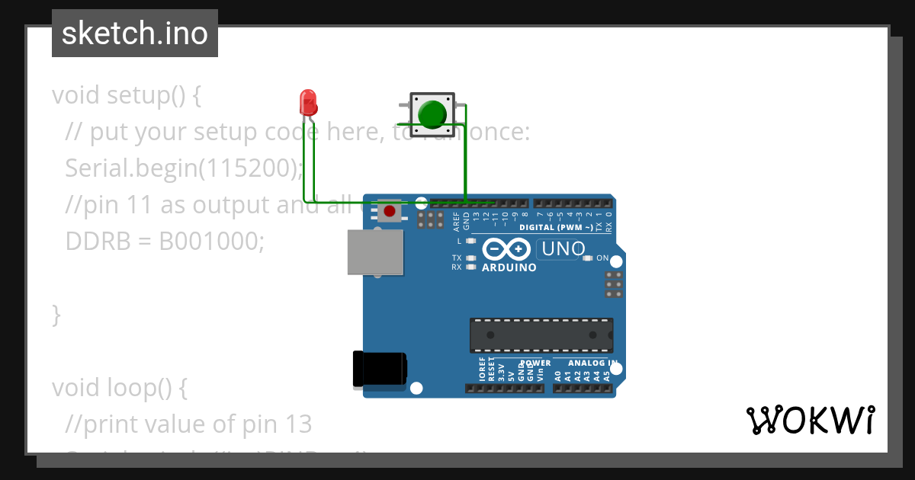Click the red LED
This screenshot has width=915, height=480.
pyautogui.click(x=308, y=102)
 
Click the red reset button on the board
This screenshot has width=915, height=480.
pyautogui.click(x=390, y=210)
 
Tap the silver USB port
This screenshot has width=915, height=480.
pyautogui.click(x=375, y=252)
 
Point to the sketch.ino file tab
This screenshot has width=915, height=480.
pyautogui.click(x=135, y=34)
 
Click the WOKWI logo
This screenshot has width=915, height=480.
pyautogui.click(x=810, y=420)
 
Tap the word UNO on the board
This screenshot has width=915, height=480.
pyautogui.click(x=562, y=249)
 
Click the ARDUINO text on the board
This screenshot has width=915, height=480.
pyautogui.click(x=509, y=267)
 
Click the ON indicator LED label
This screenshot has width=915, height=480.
pyautogui.click(x=602, y=258)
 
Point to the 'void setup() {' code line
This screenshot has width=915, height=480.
pyautogui.click(x=126, y=95)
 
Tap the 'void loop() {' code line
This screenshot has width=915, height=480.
pyautogui.click(x=119, y=388)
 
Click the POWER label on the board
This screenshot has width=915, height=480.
pyautogui.click(x=535, y=363)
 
